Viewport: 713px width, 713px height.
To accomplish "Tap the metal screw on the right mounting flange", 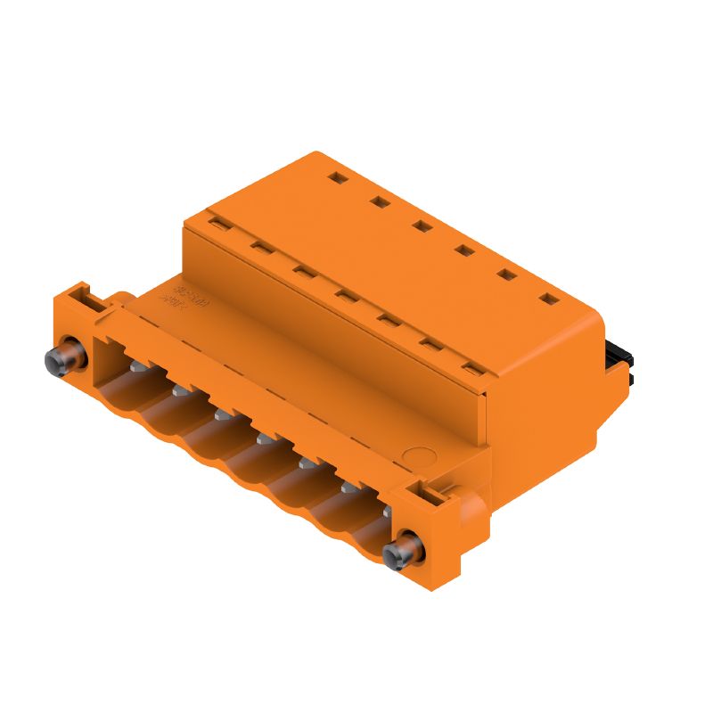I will pyautogui.click(x=403, y=552).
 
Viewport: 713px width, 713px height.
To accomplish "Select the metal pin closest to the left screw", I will pyautogui.click(x=136, y=365).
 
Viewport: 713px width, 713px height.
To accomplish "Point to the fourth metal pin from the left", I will pyautogui.click(x=265, y=438).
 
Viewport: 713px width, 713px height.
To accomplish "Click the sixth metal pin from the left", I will pyautogui.click(x=349, y=487).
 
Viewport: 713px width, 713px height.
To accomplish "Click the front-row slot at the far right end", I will pyautogui.click(x=471, y=366).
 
